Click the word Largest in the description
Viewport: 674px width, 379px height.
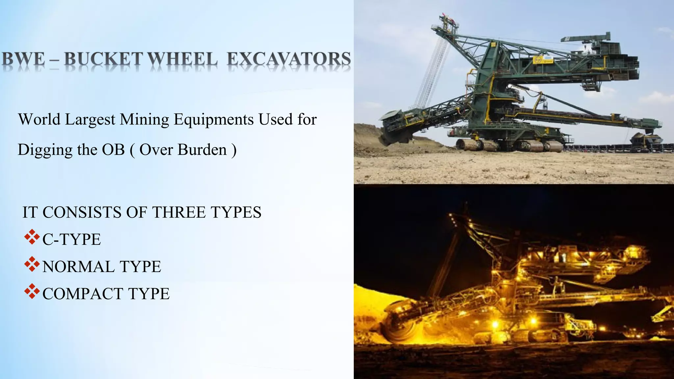click(x=90, y=120)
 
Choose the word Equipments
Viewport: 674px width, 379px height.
click(x=214, y=120)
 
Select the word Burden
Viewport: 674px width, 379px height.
click(x=203, y=150)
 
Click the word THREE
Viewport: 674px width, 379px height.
click(x=180, y=212)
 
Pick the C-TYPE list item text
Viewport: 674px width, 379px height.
click(x=72, y=240)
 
